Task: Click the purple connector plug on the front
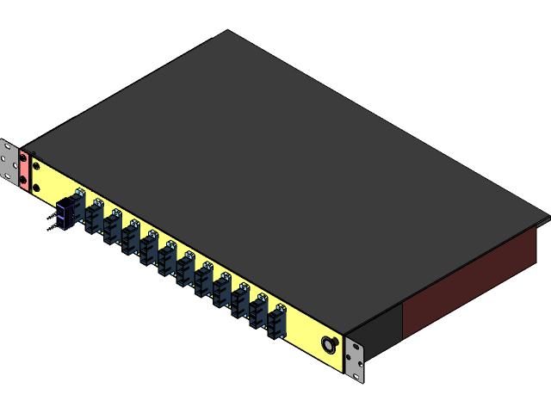62,213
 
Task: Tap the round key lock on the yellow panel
329,344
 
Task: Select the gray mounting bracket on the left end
9,163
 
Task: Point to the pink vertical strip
25,171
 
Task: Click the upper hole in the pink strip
24,161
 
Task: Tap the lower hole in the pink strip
25,182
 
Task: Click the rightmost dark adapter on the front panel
276,323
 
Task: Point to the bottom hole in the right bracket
355,372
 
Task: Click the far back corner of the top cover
228,32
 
